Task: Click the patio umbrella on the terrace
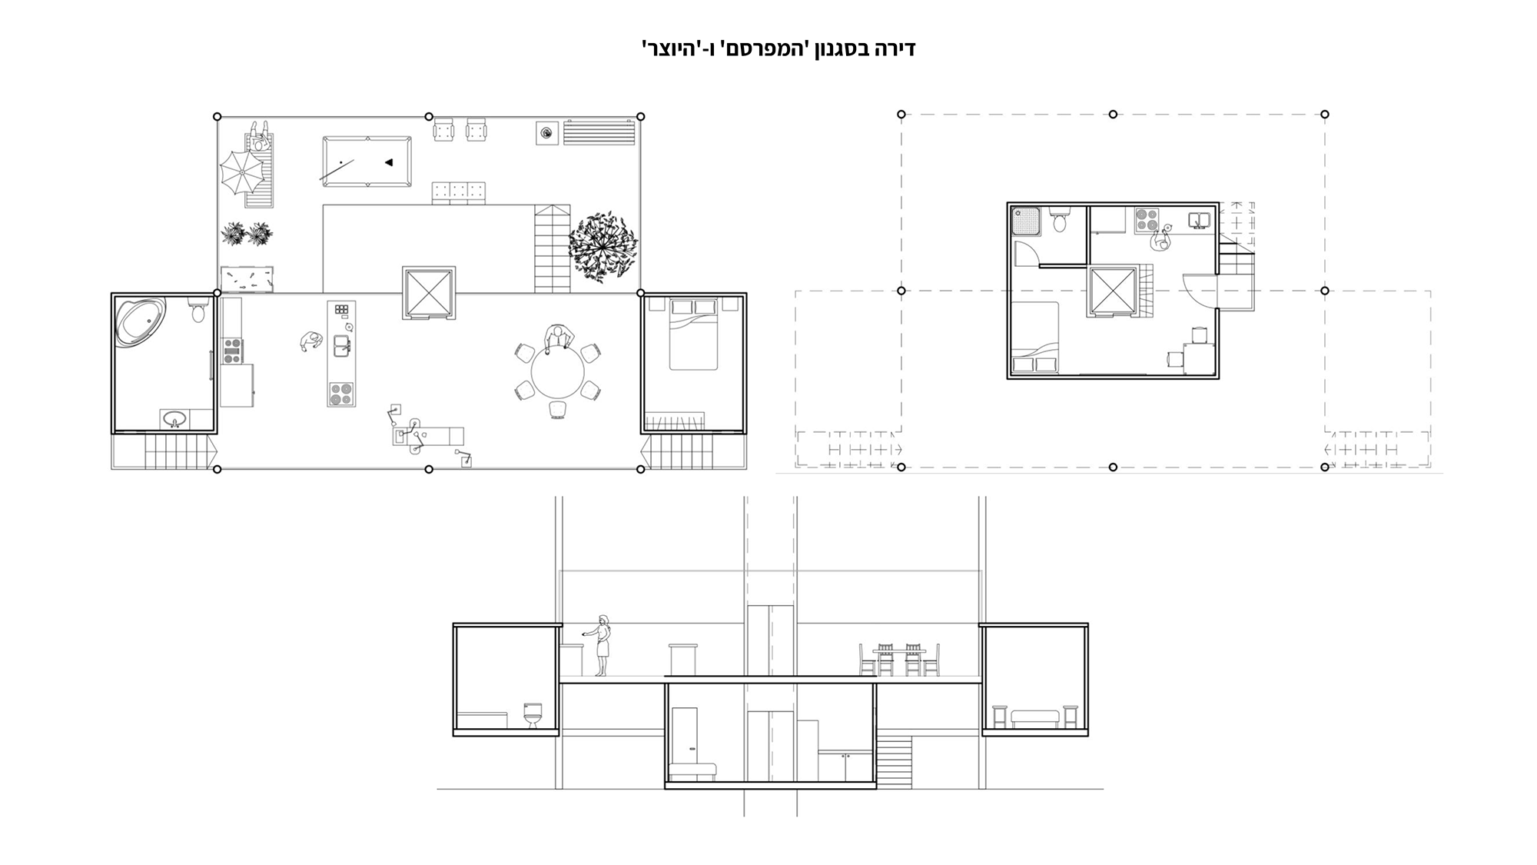[242, 171]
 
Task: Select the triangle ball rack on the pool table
[389, 162]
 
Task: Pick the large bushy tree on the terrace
[603, 246]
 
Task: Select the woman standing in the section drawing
[602, 646]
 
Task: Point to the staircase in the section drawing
[894, 761]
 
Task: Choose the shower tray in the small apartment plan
[1025, 221]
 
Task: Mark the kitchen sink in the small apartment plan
[1199, 221]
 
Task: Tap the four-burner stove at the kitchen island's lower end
[341, 394]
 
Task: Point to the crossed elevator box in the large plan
[429, 293]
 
